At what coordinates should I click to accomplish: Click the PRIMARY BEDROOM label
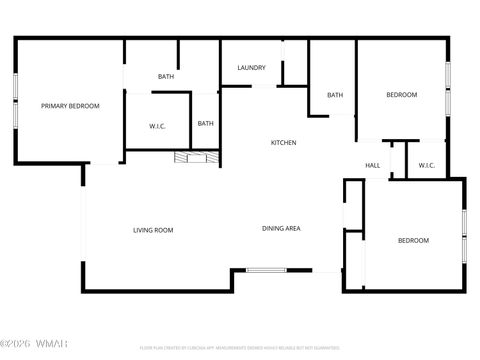(x=70, y=105)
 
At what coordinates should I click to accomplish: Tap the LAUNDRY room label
(x=251, y=68)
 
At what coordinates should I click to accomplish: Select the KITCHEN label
(x=284, y=143)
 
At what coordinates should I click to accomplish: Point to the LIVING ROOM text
(x=153, y=230)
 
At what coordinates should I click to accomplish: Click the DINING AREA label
(x=281, y=229)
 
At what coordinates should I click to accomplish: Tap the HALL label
(x=372, y=166)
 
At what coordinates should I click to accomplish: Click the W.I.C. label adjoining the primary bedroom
(x=157, y=126)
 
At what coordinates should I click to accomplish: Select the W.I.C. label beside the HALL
(x=425, y=166)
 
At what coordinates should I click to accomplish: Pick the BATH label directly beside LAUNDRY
(x=166, y=77)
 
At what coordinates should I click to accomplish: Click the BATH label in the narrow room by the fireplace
(x=205, y=124)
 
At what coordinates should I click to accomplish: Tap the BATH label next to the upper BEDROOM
(x=335, y=95)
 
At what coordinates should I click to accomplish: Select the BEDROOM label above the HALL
(x=401, y=95)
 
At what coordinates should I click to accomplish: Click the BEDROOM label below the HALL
(x=413, y=240)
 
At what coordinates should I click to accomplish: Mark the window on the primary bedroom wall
(x=15, y=100)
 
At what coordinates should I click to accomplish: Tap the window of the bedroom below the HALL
(x=464, y=236)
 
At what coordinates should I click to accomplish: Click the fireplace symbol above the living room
(x=194, y=157)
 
